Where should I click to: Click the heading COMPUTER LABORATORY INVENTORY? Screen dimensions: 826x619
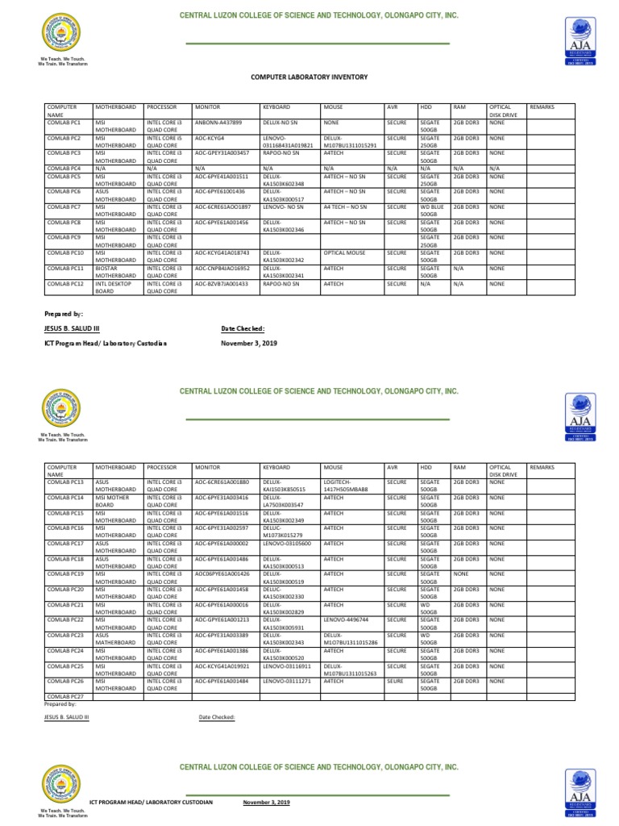[309, 77]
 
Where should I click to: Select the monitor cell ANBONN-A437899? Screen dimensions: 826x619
[218, 122]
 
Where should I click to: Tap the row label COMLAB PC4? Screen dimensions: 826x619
[64, 168]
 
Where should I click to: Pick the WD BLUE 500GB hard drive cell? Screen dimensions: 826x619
[433, 211]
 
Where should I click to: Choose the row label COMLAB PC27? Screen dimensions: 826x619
[65, 696]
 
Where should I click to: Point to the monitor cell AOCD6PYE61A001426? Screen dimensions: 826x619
[222, 574]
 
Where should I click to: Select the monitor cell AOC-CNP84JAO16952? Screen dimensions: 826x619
[222, 268]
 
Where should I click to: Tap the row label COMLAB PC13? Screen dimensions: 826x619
[65, 482]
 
